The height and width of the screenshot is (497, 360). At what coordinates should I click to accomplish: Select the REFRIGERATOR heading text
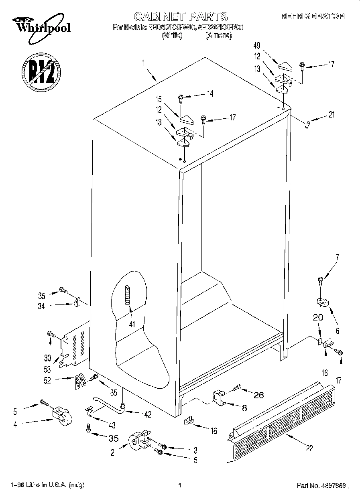[x=313, y=16]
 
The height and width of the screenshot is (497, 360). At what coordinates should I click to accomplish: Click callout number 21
[x=332, y=115]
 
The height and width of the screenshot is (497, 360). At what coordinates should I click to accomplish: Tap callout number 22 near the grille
[x=309, y=448]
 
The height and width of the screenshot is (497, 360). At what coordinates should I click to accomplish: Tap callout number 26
[x=259, y=395]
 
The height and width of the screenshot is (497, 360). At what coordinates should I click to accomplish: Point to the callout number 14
[x=209, y=94]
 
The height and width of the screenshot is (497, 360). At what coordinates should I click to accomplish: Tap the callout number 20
[x=318, y=316]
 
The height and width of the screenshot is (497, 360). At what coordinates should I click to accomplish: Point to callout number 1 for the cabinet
[x=143, y=62]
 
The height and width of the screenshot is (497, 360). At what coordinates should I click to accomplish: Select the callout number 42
[x=148, y=415]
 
